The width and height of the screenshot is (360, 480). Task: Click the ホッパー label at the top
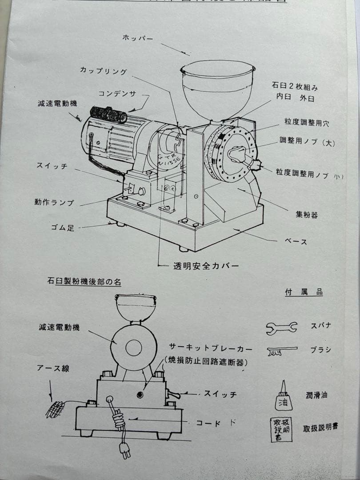coord(137,38)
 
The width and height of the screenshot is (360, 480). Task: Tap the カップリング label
coord(103,71)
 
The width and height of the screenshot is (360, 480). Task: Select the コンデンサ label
coord(117,93)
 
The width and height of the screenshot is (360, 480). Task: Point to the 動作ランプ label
coord(54,202)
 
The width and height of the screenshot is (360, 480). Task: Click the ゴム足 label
coord(62,228)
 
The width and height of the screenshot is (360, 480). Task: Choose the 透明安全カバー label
coord(206,266)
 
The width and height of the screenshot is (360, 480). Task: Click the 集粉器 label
coord(307,215)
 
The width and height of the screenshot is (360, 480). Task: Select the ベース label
coord(296,242)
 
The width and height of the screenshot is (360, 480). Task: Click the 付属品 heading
coord(304,292)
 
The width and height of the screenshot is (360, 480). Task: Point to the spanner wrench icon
coord(281,328)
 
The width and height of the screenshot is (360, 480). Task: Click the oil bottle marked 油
coord(284,397)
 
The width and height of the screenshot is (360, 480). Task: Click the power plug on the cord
coord(124,449)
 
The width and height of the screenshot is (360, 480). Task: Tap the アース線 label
coord(54,368)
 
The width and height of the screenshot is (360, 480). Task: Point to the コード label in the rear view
coord(208,423)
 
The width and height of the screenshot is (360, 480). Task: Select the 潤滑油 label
coord(316,395)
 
